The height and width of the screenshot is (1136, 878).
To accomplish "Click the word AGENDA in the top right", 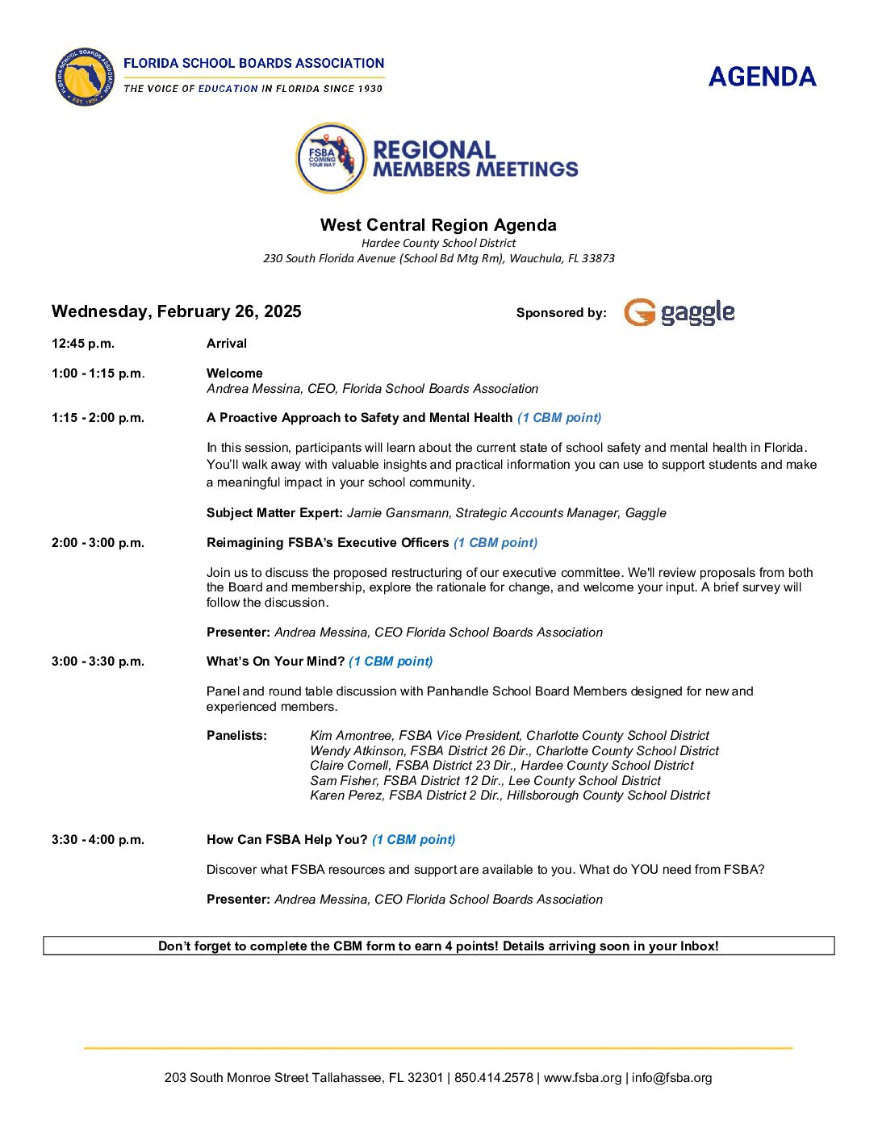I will click(762, 77).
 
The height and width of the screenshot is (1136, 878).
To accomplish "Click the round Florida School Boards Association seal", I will click(85, 77).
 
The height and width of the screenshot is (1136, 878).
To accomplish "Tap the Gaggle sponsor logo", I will click(679, 312).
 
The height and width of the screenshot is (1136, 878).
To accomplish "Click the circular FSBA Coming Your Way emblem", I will click(331, 158).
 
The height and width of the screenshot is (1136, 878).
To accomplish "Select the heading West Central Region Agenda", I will click(438, 225).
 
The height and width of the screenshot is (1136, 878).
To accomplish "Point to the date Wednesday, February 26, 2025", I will click(176, 311).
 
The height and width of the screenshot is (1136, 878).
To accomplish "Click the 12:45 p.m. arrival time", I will click(83, 344).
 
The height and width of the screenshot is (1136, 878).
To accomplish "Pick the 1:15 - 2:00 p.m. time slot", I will click(98, 418).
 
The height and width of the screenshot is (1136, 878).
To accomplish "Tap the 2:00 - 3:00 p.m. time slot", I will click(98, 543).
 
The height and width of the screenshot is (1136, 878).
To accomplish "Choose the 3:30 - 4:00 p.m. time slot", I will click(98, 840).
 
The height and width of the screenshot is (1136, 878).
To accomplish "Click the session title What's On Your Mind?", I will click(275, 662).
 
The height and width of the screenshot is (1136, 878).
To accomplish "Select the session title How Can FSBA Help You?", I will click(286, 840).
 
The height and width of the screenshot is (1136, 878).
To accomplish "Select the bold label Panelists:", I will click(236, 736).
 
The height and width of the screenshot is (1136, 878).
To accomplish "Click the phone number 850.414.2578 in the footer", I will click(493, 1078).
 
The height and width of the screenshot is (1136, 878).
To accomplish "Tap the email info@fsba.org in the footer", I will click(671, 1078).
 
